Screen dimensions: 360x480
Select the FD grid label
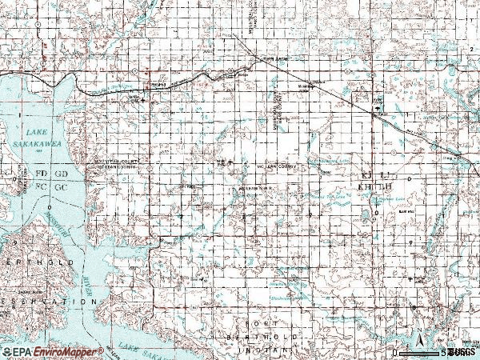[x=41, y=173]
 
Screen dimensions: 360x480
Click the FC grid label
[x=41, y=186]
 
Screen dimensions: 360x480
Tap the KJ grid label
[x=367, y=174]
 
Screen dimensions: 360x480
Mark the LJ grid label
[x=385, y=174]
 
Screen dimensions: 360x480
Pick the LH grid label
[x=385, y=186]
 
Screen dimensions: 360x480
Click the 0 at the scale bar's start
[x=394, y=353]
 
